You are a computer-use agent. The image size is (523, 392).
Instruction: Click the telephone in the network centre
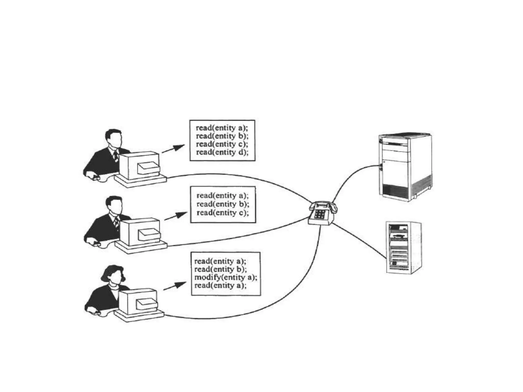(322, 213)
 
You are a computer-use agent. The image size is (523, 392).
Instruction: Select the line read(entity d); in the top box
(222, 152)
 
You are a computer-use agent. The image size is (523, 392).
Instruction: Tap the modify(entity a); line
(226, 277)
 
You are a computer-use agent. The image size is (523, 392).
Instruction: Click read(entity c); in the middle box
(222, 213)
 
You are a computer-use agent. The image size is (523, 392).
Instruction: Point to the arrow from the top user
(173, 149)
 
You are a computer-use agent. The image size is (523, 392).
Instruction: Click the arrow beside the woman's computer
(175, 286)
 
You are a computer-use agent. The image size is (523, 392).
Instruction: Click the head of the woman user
(113, 274)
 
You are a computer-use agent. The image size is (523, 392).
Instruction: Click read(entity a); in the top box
(222, 128)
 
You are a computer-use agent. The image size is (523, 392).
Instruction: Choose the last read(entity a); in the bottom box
(220, 285)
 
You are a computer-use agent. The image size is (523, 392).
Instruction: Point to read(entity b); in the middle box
(223, 204)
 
